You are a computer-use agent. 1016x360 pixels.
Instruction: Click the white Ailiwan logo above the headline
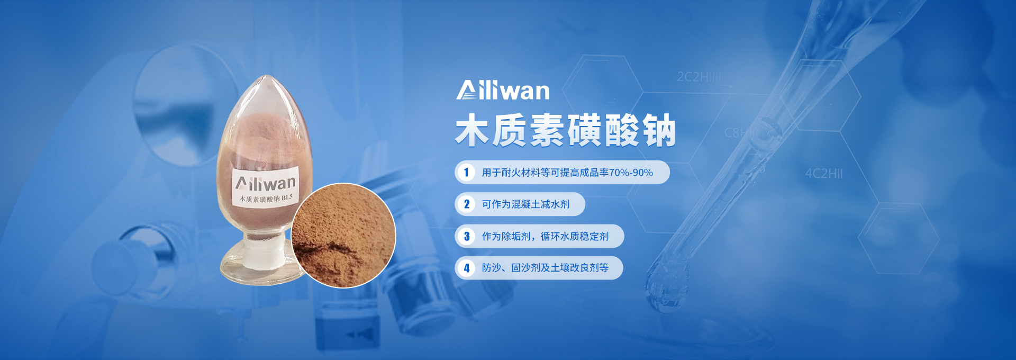pyautogui.click(x=503, y=90)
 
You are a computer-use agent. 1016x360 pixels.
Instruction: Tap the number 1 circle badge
pyautogui.click(x=466, y=173)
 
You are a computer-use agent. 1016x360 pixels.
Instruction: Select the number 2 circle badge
pyautogui.click(x=466, y=204)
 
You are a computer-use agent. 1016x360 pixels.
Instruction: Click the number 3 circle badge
pyautogui.click(x=466, y=236)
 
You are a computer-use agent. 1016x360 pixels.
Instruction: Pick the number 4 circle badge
pyautogui.click(x=466, y=268)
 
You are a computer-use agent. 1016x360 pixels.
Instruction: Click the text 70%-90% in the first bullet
pyautogui.click(x=631, y=173)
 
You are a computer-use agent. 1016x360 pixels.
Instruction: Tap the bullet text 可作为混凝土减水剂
pyautogui.click(x=525, y=204)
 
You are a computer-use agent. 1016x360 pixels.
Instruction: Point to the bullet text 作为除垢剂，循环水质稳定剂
pyautogui.click(x=545, y=236)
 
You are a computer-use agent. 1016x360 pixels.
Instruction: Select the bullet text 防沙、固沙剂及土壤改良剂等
pyautogui.click(x=545, y=268)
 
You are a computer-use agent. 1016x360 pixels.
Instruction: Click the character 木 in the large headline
pyautogui.click(x=472, y=130)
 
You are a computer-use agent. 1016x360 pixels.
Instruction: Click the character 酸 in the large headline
pyautogui.click(x=622, y=130)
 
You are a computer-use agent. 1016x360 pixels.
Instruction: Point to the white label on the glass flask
pyautogui.click(x=265, y=187)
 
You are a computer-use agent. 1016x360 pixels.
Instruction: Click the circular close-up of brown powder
pyautogui.click(x=343, y=236)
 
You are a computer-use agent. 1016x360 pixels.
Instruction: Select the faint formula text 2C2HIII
pyautogui.click(x=699, y=77)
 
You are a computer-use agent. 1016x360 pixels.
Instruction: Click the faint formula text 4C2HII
pyautogui.click(x=824, y=174)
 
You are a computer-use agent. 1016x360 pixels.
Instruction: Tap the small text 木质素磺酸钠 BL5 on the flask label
pyautogui.click(x=266, y=199)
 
